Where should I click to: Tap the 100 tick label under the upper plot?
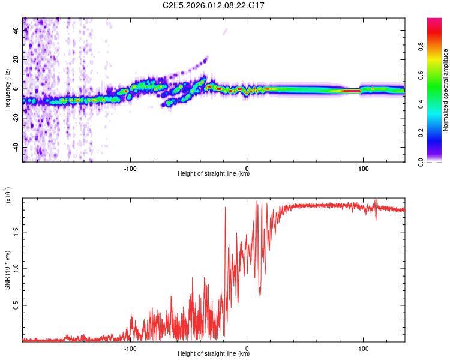click(363, 167)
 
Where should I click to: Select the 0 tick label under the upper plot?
click(247, 167)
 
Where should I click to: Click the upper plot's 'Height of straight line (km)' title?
click(214, 174)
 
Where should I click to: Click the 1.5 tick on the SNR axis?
click(14, 230)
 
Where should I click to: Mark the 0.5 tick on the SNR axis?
click(14, 305)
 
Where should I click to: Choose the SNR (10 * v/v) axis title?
click(7, 269)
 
